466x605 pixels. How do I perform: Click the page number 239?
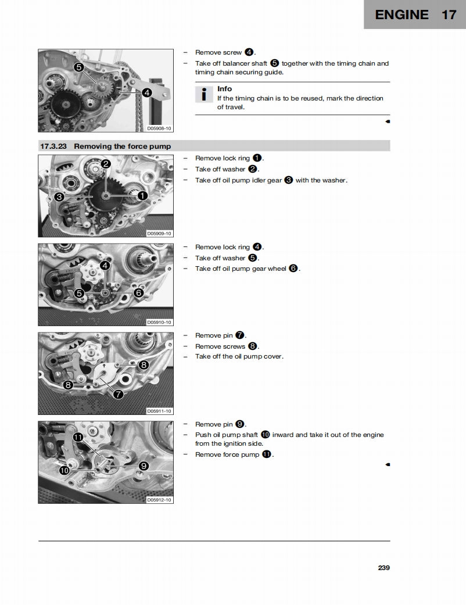click(383, 568)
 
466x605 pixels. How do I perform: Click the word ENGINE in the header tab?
click(402, 15)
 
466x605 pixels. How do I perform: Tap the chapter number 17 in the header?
click(449, 15)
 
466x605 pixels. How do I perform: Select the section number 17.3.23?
click(53, 146)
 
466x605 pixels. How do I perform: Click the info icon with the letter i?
click(203, 94)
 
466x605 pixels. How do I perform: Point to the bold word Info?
click(224, 89)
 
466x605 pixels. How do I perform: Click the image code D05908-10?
click(159, 128)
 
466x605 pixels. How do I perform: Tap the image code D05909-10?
click(159, 233)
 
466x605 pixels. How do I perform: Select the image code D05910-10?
click(159, 322)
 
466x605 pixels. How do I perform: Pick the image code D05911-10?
click(159, 411)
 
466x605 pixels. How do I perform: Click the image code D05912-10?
click(159, 500)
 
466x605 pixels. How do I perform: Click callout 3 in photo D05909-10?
click(59, 197)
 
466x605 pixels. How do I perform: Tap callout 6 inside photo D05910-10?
click(138, 293)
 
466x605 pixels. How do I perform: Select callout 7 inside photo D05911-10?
click(118, 395)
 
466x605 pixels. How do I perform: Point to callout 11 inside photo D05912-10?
click(77, 436)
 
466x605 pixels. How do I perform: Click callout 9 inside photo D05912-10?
click(144, 466)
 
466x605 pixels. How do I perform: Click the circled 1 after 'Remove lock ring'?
click(257, 158)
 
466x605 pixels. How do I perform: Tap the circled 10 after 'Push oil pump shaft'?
click(265, 435)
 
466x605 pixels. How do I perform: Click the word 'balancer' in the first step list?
click(237, 63)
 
